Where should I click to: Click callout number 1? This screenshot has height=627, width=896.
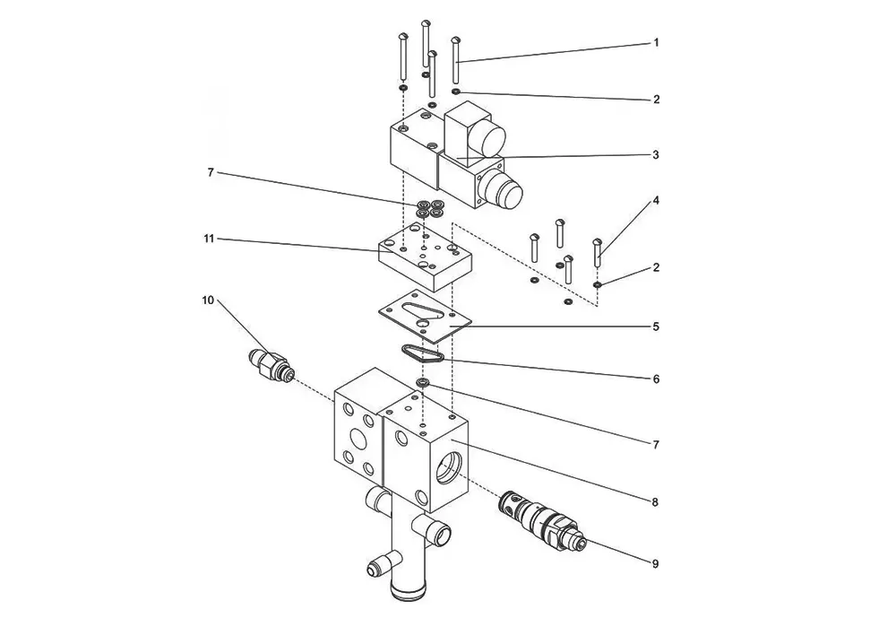coord(657,42)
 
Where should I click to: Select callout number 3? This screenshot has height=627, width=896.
coord(656,154)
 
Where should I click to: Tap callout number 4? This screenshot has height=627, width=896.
coord(656,200)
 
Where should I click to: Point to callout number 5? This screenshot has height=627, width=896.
coord(656,327)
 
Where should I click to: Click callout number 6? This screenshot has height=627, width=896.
coord(656,379)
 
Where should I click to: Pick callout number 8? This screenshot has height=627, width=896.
coord(656,501)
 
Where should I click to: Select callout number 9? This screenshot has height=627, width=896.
coord(656,563)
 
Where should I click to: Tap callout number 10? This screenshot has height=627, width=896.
coord(208,300)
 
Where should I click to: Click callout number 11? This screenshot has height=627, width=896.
coord(209,238)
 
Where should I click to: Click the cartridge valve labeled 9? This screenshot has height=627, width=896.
coord(540,520)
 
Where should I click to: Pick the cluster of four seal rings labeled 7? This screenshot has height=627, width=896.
coord(430,209)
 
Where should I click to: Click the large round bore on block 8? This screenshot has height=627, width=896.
coord(452,466)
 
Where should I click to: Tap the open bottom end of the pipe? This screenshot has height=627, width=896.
coord(407,589)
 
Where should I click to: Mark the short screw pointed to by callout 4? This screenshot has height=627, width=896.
coord(598,252)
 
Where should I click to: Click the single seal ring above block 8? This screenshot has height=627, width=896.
coord(422,382)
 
